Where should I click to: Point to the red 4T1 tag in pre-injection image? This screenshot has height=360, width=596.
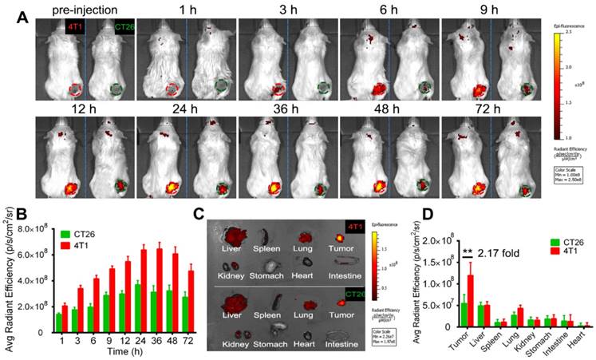[75, 28]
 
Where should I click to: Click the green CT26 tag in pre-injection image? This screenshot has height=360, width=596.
[124, 28]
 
